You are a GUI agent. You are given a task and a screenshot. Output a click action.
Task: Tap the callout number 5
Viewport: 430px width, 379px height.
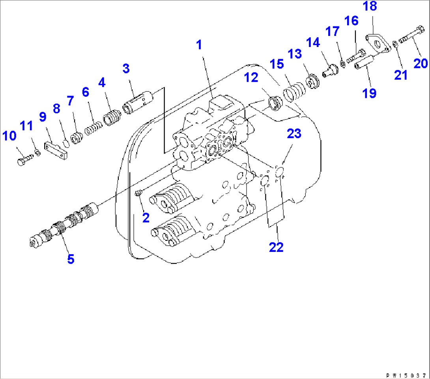[71, 259]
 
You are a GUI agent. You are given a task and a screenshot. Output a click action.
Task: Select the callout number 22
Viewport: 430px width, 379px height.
[276, 247]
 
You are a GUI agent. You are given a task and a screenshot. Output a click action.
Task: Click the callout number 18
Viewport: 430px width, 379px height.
[370, 6]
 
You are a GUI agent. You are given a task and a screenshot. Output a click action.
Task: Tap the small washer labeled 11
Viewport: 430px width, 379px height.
[37, 153]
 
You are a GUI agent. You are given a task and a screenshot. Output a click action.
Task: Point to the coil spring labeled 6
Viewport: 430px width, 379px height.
[94, 128]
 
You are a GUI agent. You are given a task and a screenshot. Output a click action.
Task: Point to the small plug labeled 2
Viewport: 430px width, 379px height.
[138, 193]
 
